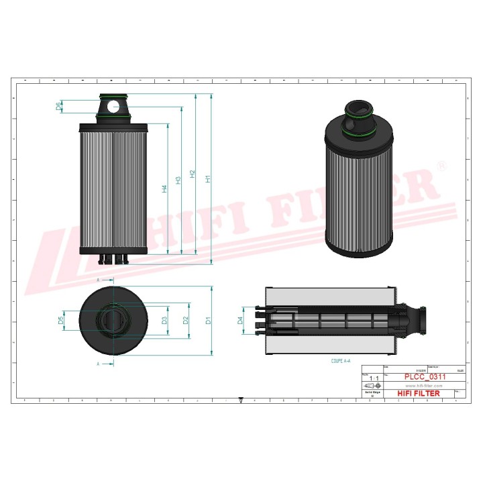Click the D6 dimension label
coord(60,106)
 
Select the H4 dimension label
coord(164,189)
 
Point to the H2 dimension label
coord(193,174)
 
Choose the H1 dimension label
coord(209,179)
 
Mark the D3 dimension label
coord(164,321)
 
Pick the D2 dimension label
coord(186,321)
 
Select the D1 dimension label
coord(209,321)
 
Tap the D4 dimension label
coord(241,321)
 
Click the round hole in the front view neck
coord(118,105)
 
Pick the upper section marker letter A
coord(98,278)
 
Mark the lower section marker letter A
coord(98,364)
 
